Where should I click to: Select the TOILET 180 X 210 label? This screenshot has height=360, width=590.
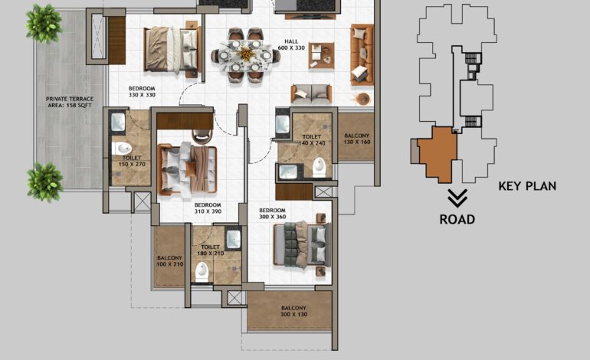coord(209,250)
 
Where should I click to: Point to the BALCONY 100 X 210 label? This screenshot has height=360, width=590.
coord(169,261)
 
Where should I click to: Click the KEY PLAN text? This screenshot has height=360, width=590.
coord(527,186)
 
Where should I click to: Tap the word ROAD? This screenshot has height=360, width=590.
coord(457,220)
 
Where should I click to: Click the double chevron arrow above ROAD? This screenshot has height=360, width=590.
coord(457,199)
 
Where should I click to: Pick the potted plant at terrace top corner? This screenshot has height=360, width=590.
coord(44,23)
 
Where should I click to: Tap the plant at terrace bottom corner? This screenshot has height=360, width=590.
coord(45,182)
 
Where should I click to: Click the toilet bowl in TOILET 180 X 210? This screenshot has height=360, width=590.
coord(202,270)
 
